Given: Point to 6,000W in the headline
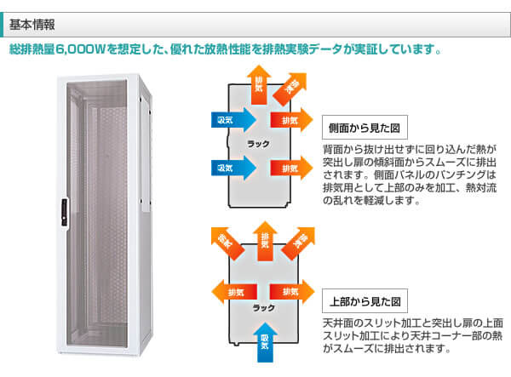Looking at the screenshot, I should tap(83, 50).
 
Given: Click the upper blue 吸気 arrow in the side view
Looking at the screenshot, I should tap(229, 118).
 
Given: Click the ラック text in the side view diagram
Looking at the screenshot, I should tap(257, 142).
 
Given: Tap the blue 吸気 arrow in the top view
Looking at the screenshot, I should tap(265, 340).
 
